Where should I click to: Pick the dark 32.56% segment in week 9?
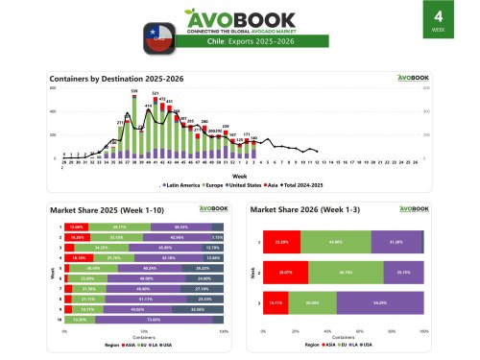(x=197, y=309)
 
